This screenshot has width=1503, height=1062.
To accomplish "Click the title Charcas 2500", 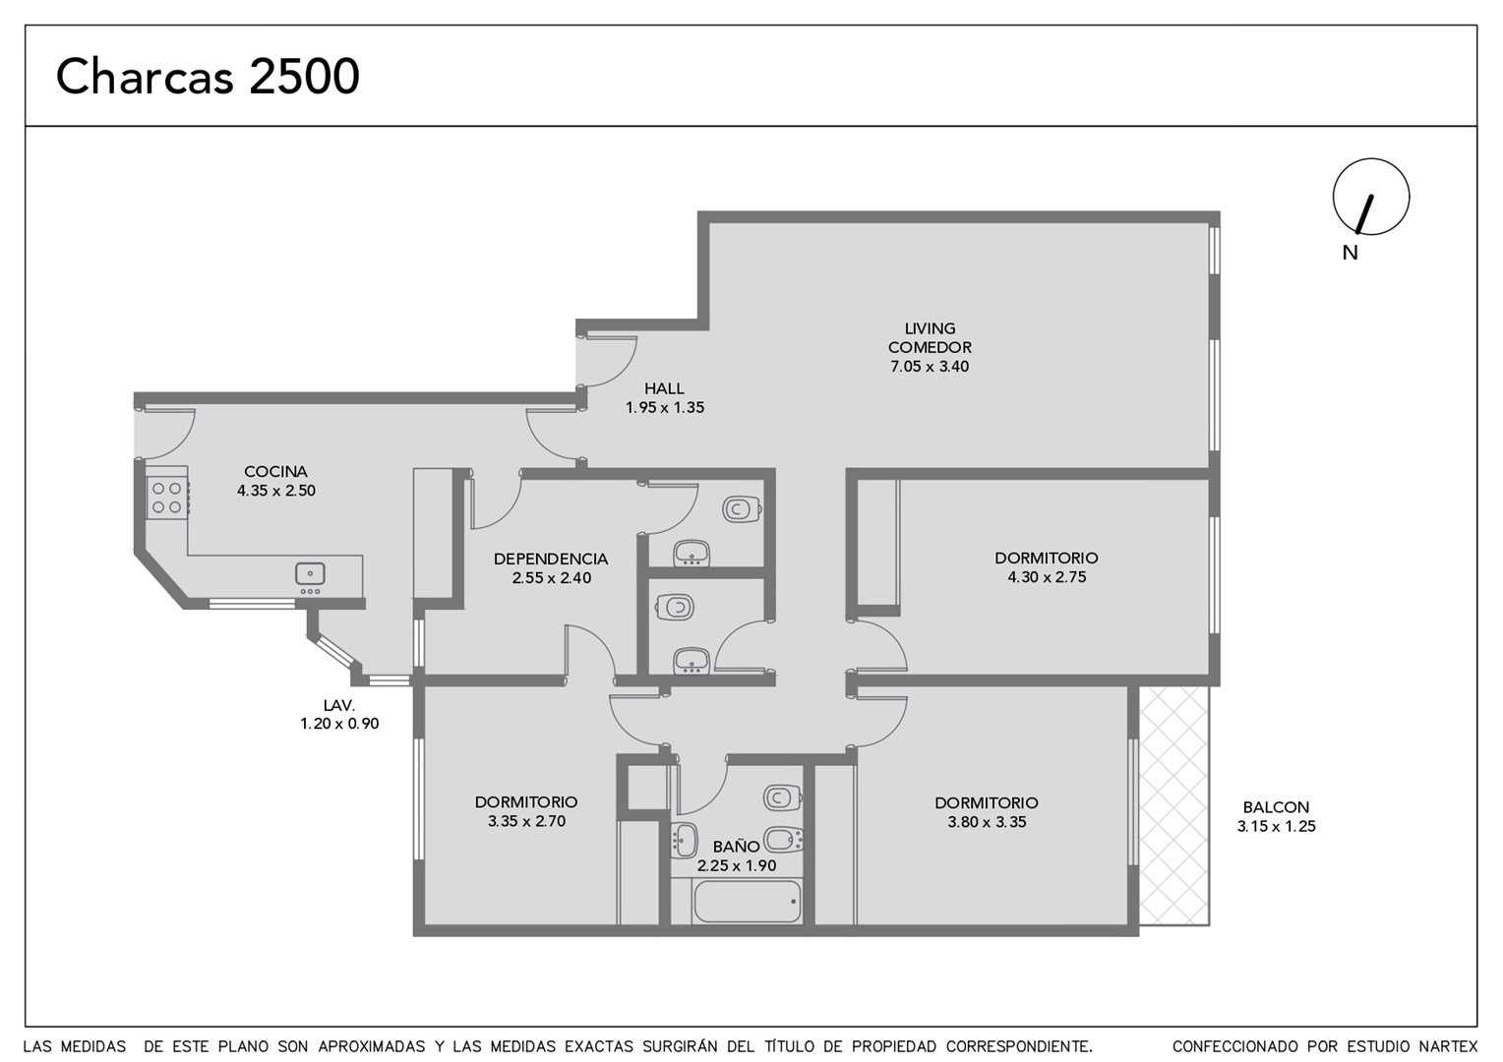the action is coord(208,77).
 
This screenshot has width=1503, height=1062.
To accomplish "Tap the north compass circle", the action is coord(1371,159).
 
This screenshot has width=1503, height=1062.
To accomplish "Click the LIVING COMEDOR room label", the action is coord(930,338).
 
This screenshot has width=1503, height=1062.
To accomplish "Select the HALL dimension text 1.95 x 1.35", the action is coord(665,407).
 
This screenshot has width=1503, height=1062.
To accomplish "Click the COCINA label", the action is coord(275,472).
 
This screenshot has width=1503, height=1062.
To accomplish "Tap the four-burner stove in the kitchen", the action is coord(167,498).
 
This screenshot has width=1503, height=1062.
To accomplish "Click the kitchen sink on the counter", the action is coord(310,574).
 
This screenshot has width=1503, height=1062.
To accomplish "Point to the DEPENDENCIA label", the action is coord(551,559).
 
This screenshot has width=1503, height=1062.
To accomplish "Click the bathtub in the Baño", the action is coord(747,902).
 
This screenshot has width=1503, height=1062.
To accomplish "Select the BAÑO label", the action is coord(736,847).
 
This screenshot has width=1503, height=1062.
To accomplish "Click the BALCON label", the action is coord(1276,807).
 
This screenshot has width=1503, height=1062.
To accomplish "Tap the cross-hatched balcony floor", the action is coord(1174,805).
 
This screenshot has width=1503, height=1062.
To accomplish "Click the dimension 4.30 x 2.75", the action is coord(1047,577).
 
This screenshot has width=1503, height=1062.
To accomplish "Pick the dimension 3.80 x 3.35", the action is coord(987,822).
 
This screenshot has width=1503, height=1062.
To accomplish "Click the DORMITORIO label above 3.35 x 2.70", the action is coord(526,801).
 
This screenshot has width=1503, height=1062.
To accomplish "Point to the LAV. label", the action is coord(338,705).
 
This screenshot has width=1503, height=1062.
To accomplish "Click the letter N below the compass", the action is coord(1350,253).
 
